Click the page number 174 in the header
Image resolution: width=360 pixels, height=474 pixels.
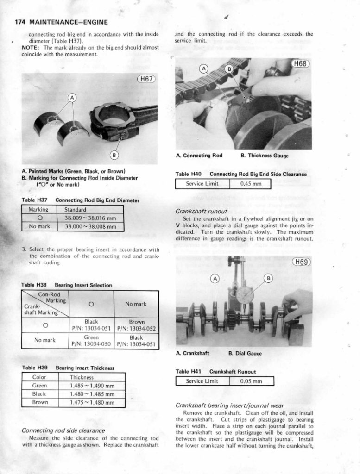coord(20,22)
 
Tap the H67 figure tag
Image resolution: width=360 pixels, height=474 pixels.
coord(146,79)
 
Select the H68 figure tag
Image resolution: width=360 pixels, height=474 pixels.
coord(300,64)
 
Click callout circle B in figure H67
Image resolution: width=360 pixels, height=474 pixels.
coord(114,155)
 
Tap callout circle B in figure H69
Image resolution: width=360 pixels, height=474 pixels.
coord(268,278)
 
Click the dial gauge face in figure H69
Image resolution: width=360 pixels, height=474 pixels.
coord(244,294)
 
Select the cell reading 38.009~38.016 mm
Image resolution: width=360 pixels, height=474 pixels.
coord(90,218)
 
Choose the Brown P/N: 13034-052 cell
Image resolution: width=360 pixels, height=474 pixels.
coord(137,325)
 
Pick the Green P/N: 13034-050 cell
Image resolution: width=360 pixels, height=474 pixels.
coord(91,341)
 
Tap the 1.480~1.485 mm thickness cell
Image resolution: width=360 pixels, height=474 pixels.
coord(92,394)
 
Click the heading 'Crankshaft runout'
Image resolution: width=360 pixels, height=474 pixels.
coord(198,212)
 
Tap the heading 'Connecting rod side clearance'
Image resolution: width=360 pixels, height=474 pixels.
coord(64,430)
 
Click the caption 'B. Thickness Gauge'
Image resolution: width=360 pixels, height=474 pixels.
coord(265,156)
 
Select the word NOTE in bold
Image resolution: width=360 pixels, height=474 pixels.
coord(31,48)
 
